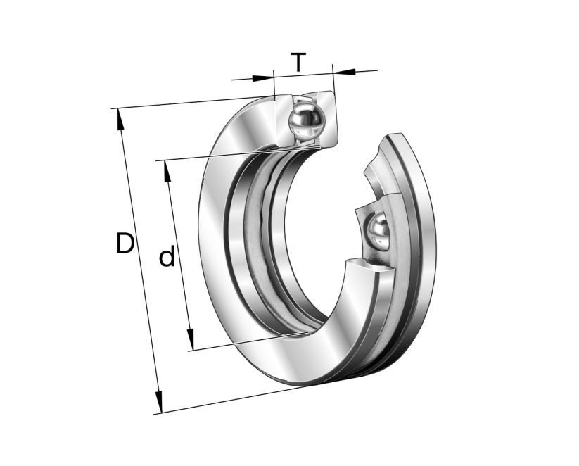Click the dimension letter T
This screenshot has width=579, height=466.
tap(299, 62)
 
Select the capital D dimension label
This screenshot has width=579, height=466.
tap(125, 244)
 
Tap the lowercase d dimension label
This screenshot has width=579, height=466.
tap(167, 257)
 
